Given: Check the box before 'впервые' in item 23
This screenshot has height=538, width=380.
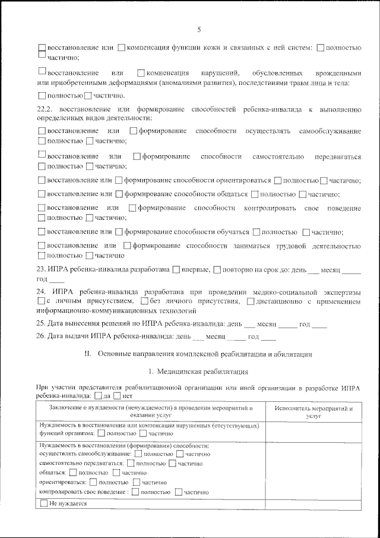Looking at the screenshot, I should pos(176,270).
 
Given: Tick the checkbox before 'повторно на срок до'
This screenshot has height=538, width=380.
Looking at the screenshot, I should pos(217,270).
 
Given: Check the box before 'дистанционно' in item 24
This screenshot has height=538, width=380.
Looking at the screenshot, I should pos(251,302).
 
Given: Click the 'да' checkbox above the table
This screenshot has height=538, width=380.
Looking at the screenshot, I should pos(99,396).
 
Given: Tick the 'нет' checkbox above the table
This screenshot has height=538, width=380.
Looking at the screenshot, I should pos(117,396).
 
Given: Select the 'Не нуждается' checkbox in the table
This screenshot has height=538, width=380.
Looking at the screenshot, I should pos(44,504).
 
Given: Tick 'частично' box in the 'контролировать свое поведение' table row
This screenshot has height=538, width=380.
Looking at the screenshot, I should pos(179,492).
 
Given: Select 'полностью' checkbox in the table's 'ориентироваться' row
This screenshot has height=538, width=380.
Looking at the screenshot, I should pos(93,483).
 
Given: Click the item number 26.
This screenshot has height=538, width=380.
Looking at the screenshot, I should pos(41,337).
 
